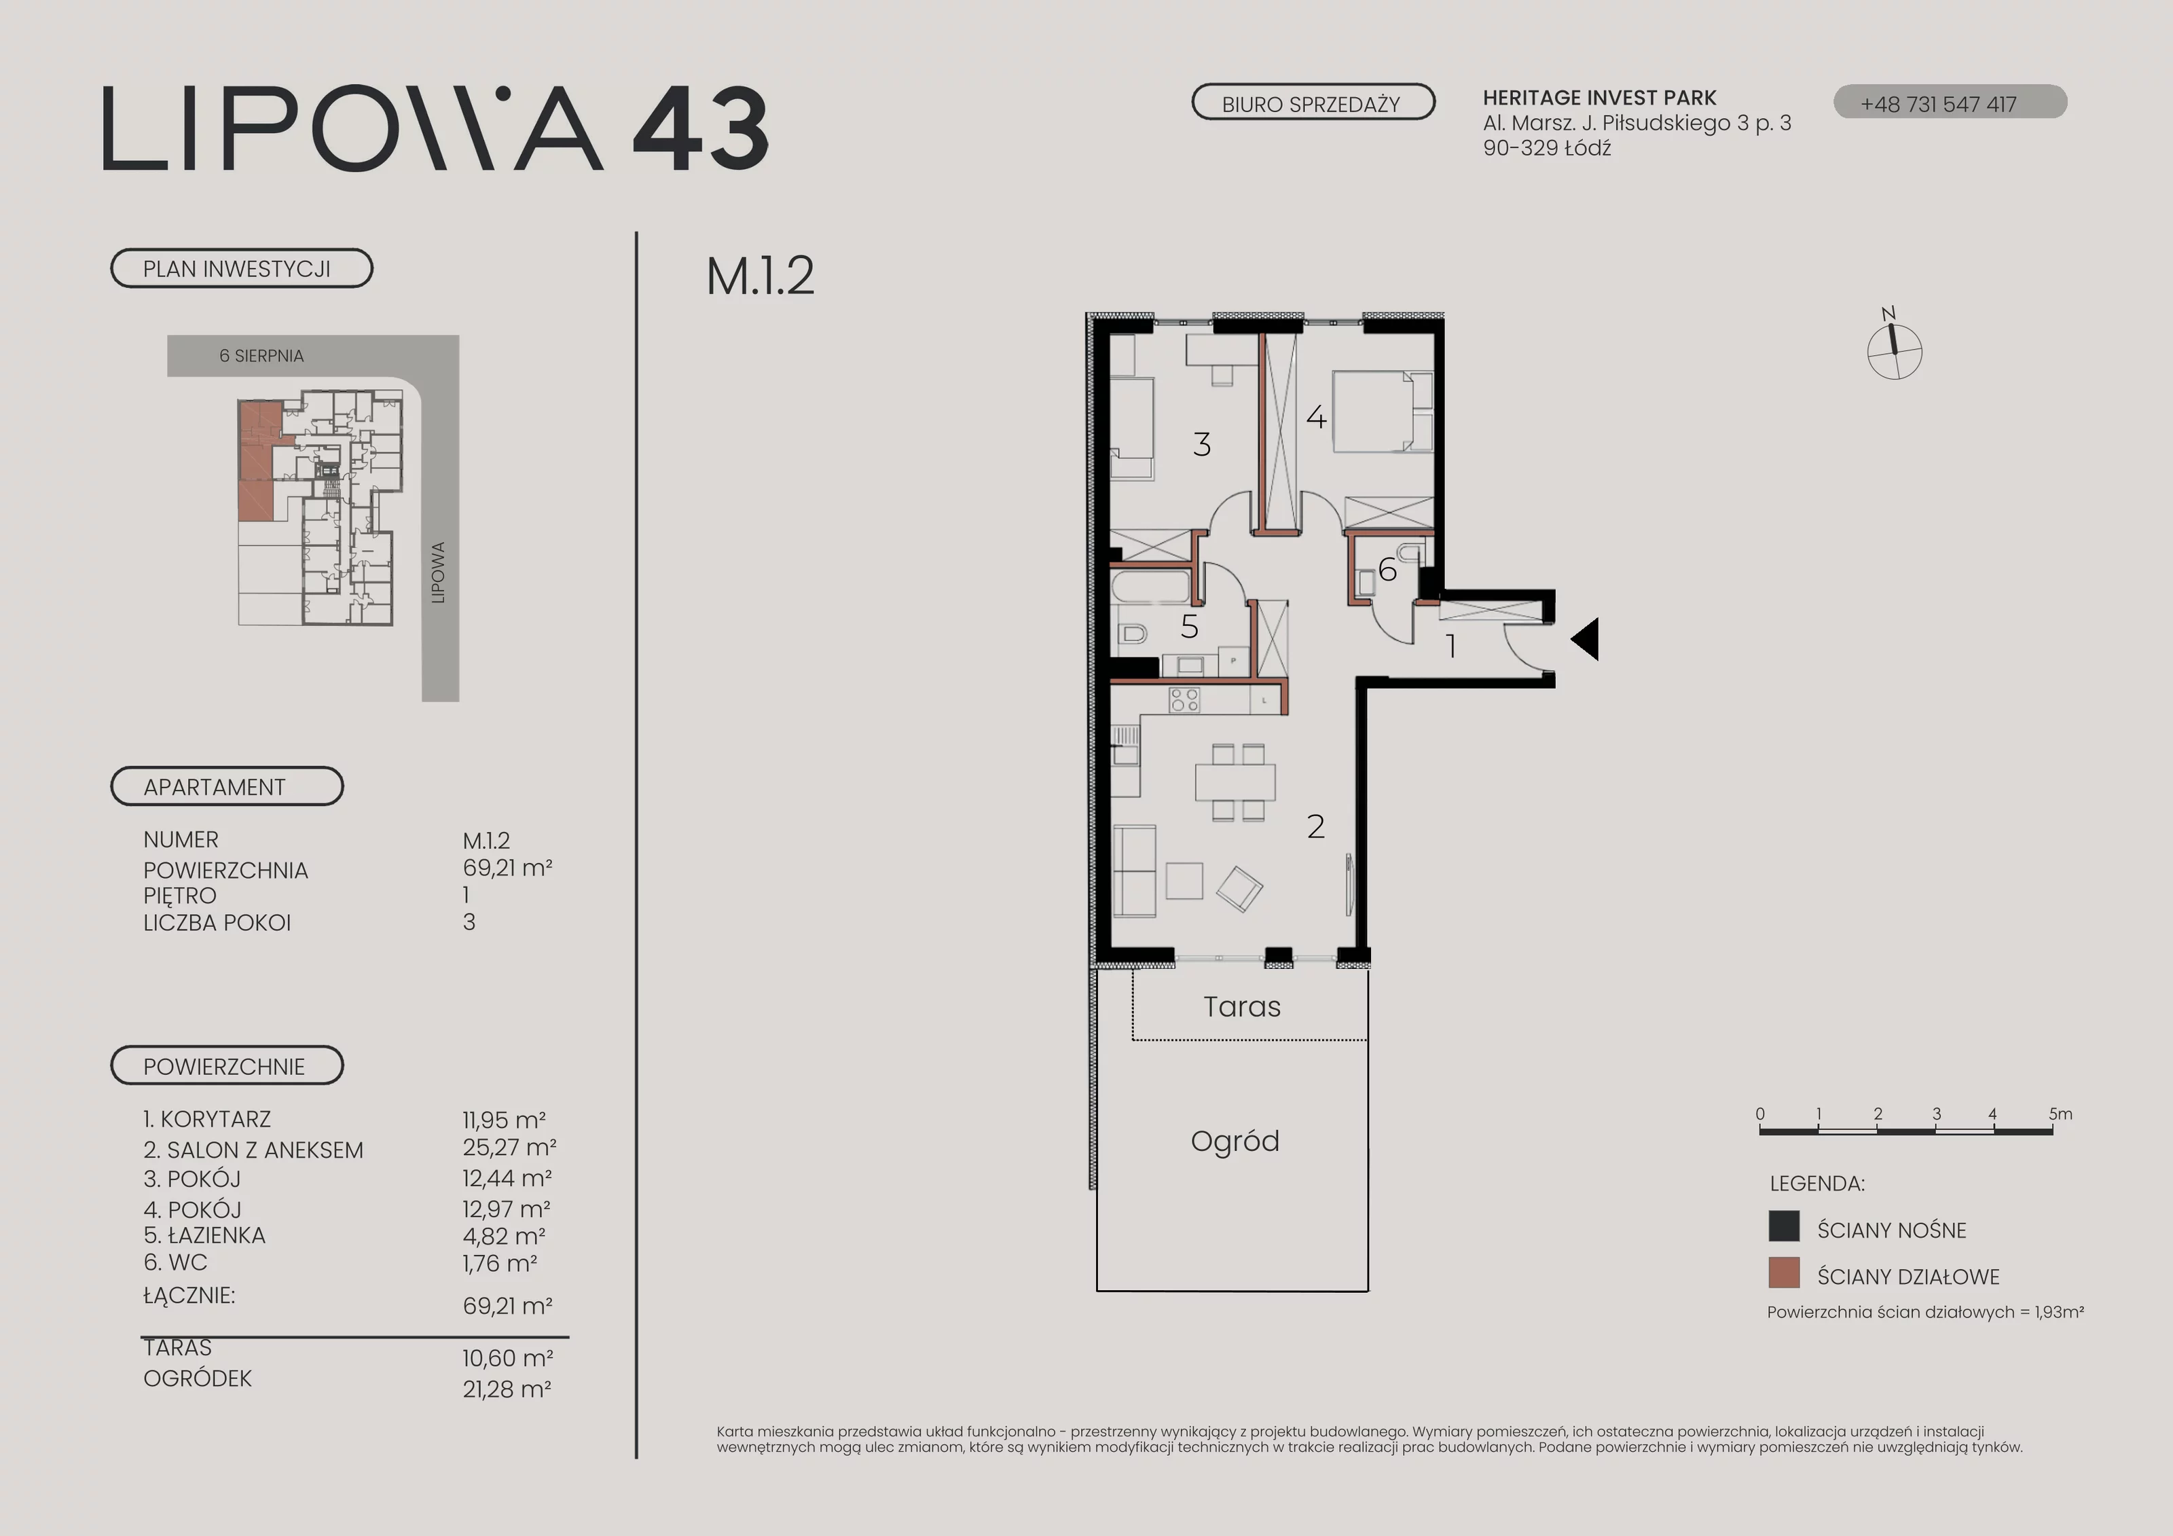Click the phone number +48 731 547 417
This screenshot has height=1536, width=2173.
(1938, 104)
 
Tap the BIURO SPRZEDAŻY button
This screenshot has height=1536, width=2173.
(1313, 103)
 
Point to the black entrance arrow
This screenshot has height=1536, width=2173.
(1586, 639)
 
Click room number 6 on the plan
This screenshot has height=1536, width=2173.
(1387, 570)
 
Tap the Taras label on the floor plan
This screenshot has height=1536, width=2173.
(1242, 1007)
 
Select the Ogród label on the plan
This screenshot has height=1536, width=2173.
(1235, 1142)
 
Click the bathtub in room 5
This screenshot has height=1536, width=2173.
(1152, 586)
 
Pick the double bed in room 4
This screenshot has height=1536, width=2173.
(1383, 412)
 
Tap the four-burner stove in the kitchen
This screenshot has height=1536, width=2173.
(1185, 699)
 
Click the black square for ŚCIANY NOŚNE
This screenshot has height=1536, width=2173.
(1784, 1226)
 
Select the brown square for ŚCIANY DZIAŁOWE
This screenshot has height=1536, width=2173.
(1784, 1273)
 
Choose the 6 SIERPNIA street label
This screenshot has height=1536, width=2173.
(261, 356)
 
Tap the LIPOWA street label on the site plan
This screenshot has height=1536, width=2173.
(438, 572)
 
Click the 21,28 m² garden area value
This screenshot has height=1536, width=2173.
(507, 1389)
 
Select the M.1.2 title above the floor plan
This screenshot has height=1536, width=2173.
(760, 276)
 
